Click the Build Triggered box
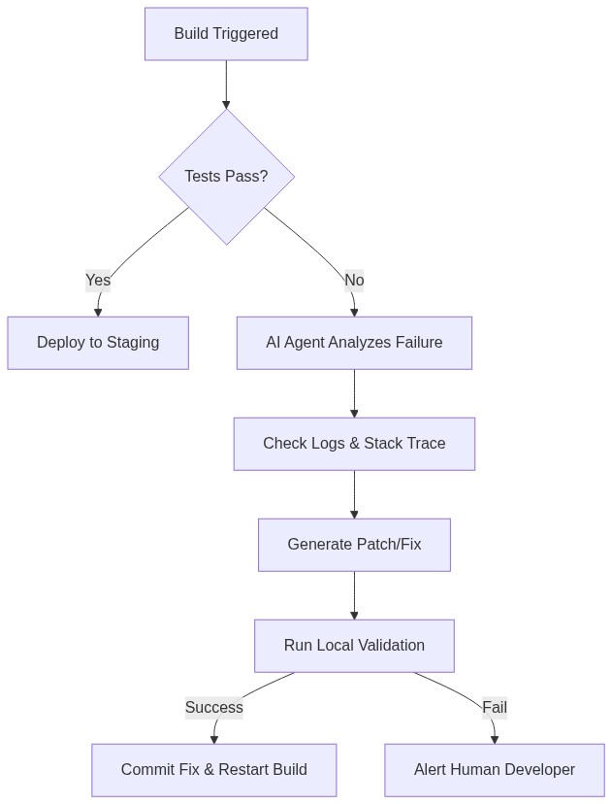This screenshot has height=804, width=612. (226, 34)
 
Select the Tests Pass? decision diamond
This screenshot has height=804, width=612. (226, 176)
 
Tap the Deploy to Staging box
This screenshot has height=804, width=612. (98, 343)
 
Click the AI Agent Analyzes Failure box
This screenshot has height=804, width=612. (354, 343)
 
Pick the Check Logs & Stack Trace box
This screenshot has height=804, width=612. (354, 444)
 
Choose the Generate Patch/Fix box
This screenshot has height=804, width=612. (354, 545)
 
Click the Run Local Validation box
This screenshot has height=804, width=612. (354, 646)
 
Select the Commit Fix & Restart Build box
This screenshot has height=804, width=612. (213, 770)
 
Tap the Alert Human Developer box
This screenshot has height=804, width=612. (494, 770)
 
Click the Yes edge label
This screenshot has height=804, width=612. (98, 281)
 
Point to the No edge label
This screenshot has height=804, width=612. (354, 281)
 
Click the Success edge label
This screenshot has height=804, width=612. (213, 708)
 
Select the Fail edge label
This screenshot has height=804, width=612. (495, 708)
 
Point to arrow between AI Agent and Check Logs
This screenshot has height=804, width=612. (354, 393)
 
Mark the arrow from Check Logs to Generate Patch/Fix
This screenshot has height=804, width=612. (354, 494)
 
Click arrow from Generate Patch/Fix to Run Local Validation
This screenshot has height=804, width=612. (354, 595)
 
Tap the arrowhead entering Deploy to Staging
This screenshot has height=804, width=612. (98, 312)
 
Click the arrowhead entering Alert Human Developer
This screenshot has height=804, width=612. (495, 739)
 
